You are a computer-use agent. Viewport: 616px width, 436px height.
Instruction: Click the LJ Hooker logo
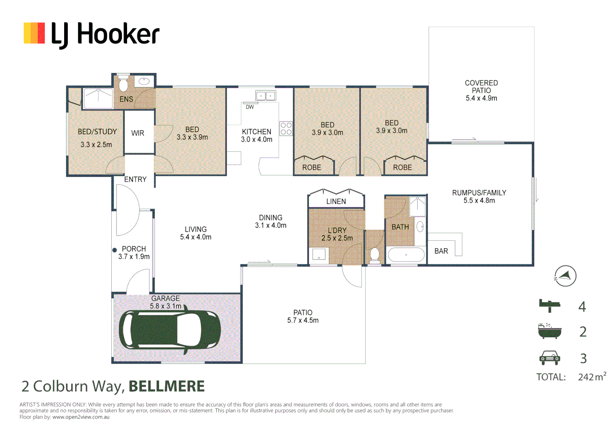(x=92, y=34)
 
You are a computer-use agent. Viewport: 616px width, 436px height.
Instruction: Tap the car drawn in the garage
(x=169, y=329)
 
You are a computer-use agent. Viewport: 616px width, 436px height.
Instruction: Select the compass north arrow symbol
(x=565, y=276)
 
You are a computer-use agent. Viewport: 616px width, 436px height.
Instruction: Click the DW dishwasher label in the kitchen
(x=250, y=107)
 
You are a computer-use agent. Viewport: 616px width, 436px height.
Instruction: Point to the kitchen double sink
(x=265, y=96)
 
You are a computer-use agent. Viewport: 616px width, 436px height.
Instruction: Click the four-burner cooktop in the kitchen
(x=286, y=129)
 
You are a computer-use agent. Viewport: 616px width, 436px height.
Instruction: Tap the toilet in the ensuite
(x=123, y=84)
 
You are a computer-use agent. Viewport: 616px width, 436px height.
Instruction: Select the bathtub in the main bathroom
(x=406, y=255)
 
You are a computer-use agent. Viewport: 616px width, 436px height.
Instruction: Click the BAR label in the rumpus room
(x=441, y=251)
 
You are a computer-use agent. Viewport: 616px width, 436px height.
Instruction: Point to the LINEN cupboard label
(x=336, y=201)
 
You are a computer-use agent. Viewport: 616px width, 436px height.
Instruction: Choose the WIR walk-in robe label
(x=138, y=133)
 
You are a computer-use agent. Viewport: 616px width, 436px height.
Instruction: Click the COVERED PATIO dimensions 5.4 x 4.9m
(x=481, y=98)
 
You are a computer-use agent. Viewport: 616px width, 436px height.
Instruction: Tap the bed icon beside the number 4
(x=549, y=305)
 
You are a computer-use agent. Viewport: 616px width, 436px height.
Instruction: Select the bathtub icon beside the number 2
(x=549, y=331)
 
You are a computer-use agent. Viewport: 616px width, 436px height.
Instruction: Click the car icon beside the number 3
(x=549, y=358)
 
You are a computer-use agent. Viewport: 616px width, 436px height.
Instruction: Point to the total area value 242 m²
(x=592, y=377)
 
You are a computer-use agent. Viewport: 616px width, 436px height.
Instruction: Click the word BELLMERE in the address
(x=166, y=386)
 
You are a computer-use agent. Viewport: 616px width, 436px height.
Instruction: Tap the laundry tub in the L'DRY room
(x=319, y=255)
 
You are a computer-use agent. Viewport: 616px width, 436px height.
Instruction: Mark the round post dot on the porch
(x=115, y=250)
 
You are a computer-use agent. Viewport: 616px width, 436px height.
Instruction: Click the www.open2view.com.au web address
(x=81, y=417)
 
